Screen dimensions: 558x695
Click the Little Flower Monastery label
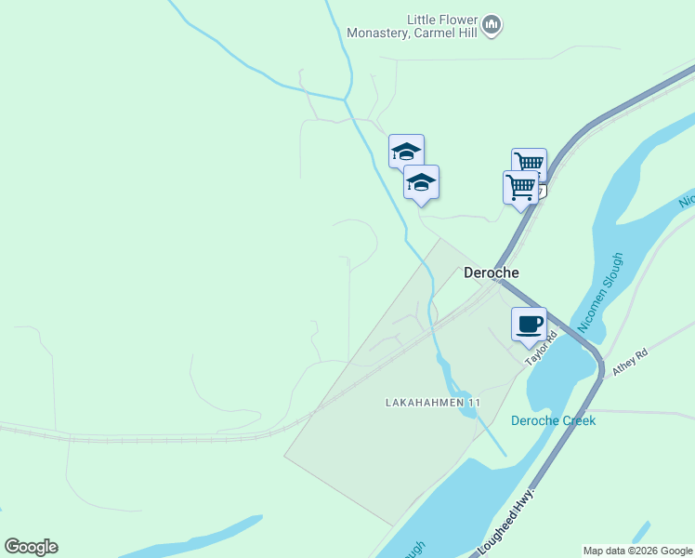(x=412, y=26)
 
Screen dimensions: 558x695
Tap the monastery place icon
(x=492, y=24)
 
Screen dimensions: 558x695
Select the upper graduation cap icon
(x=406, y=152)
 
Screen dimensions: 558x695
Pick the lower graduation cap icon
(x=421, y=182)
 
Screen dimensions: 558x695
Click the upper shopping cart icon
(x=529, y=164)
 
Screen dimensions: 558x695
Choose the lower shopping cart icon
(x=520, y=186)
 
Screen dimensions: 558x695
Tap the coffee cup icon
(x=529, y=325)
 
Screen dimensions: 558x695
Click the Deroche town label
(x=491, y=272)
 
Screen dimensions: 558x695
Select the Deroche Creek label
(x=553, y=420)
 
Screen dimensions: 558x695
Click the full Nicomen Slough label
(x=600, y=291)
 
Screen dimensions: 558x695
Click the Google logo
(x=31, y=547)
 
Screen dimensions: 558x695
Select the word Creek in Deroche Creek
(x=577, y=420)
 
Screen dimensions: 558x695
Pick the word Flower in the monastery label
(x=454, y=20)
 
